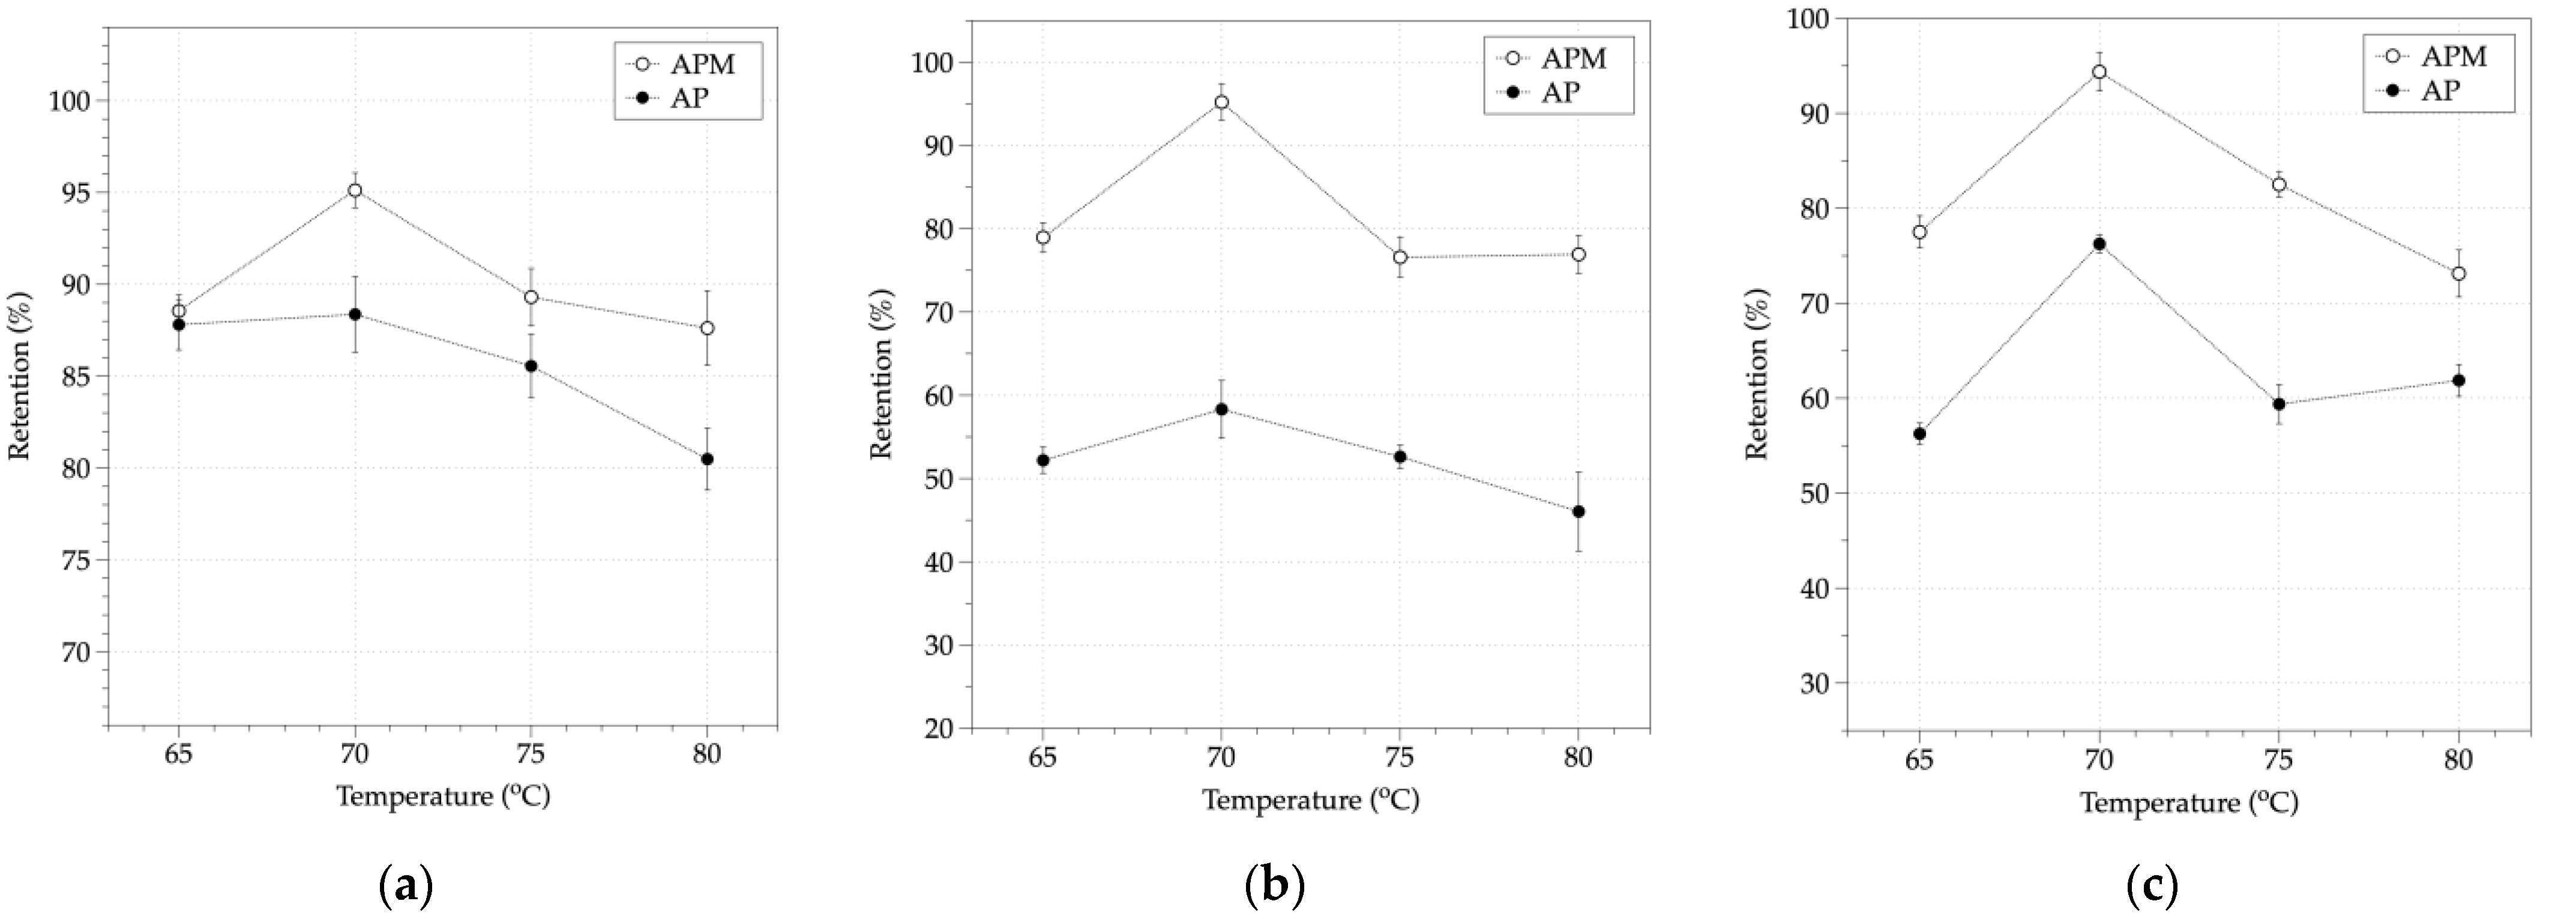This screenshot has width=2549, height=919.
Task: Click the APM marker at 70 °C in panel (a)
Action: point(354,190)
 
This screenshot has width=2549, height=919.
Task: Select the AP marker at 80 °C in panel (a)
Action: point(706,459)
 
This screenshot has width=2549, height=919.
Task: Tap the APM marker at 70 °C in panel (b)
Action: point(1221,102)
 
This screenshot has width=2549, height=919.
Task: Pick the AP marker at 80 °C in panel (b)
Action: point(1578,511)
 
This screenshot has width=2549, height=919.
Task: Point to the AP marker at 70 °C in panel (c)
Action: point(2099,244)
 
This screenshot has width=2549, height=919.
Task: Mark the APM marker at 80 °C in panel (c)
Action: point(2458,273)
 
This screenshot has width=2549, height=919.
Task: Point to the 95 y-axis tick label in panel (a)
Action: point(70,193)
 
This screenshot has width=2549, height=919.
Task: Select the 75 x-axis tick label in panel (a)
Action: point(531,755)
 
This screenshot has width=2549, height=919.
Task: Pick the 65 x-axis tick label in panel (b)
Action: point(1043,758)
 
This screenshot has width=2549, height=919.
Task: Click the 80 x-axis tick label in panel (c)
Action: point(2458,761)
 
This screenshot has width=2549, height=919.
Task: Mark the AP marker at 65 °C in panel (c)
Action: point(1919,433)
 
